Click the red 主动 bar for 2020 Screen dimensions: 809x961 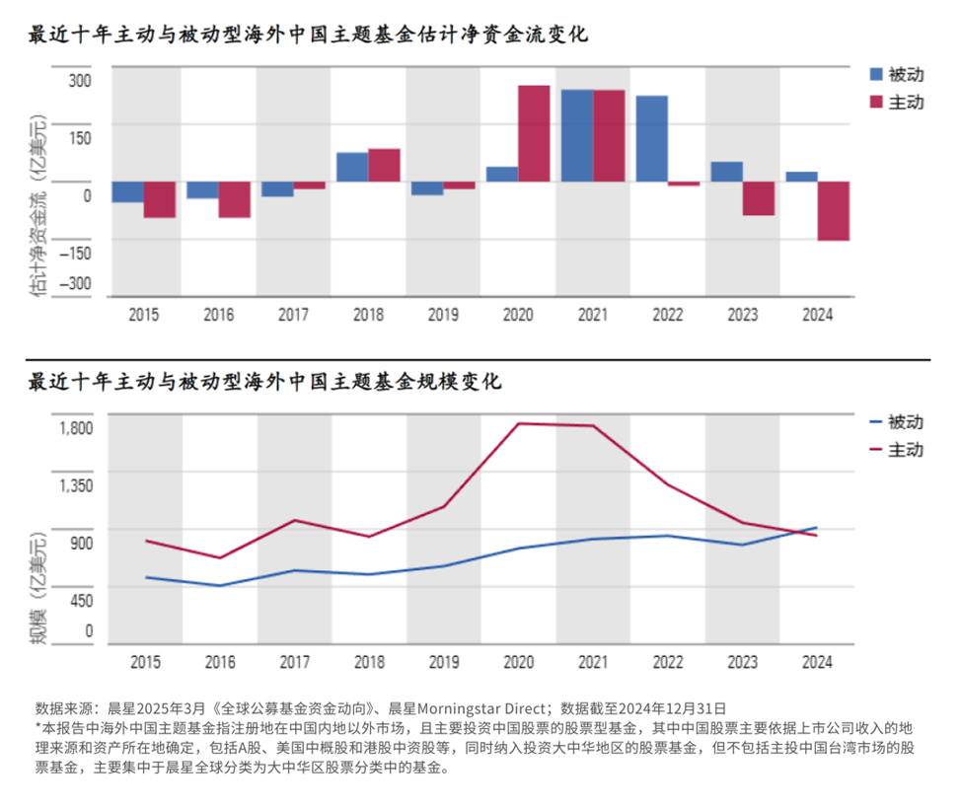pos(534,133)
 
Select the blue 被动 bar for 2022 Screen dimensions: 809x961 pos(651,138)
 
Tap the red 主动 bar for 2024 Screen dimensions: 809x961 pos(833,211)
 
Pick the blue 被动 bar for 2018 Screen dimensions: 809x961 pos(352,167)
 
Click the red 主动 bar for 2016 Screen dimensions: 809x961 pos(234,199)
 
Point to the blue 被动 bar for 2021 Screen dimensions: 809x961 pos(577,135)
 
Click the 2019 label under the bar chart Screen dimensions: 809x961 pos(443,315)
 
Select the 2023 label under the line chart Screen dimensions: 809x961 pos(742,662)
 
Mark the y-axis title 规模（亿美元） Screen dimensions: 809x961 pos(37,589)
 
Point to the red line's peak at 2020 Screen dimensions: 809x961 pos(519,423)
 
